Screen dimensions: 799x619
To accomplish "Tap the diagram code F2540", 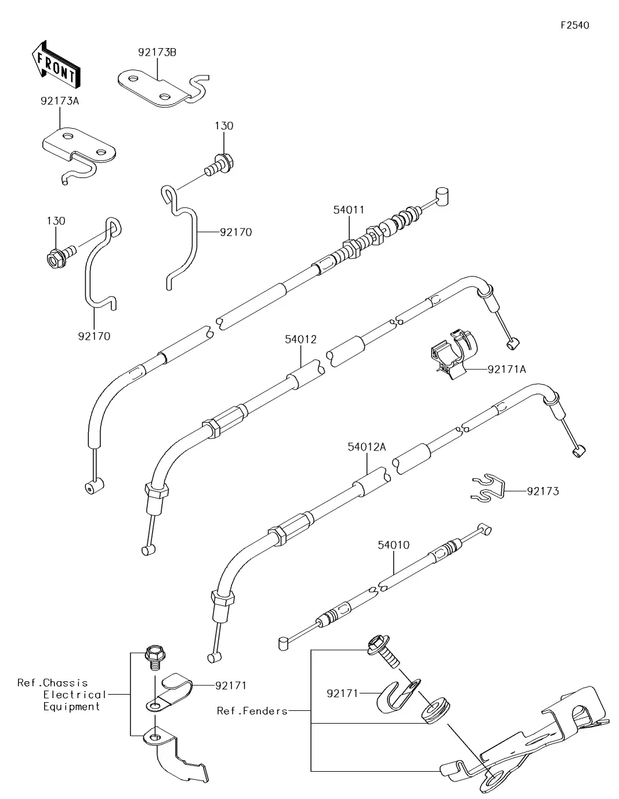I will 574,26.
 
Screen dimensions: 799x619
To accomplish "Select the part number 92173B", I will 157,53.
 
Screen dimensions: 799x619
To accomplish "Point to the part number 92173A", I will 60,101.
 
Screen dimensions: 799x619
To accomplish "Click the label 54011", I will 349,210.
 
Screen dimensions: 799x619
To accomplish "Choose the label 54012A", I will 367,447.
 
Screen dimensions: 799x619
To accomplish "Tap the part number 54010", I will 393,545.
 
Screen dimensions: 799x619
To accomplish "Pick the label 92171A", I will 506,369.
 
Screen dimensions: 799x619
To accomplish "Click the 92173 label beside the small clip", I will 542,492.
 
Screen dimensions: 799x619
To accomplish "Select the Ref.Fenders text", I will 252,711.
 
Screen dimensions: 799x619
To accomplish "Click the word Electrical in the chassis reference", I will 75,695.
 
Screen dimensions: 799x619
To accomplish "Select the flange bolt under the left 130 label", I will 57,257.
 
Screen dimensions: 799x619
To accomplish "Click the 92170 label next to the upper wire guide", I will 236,233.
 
